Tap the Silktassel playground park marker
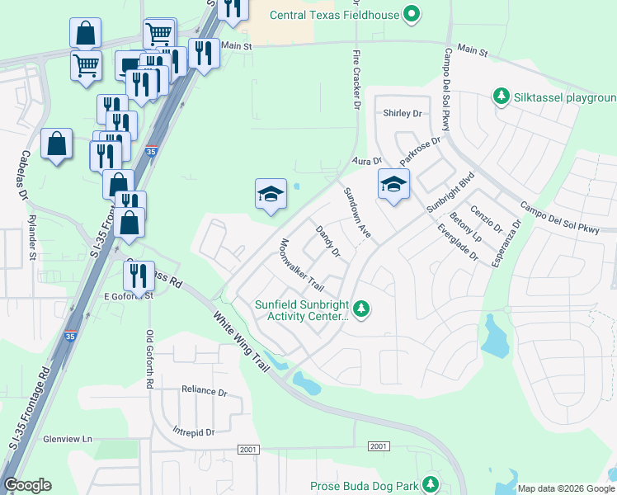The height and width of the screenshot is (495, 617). (500, 97)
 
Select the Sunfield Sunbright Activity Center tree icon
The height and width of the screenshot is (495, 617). (360, 309)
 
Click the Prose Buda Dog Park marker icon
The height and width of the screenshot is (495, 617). (430, 484)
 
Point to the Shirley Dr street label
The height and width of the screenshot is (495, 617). (403, 113)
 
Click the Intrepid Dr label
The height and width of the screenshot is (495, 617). (194, 431)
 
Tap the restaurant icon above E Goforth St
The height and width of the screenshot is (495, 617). (139, 276)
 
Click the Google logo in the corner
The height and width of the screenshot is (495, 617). (27, 485)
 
